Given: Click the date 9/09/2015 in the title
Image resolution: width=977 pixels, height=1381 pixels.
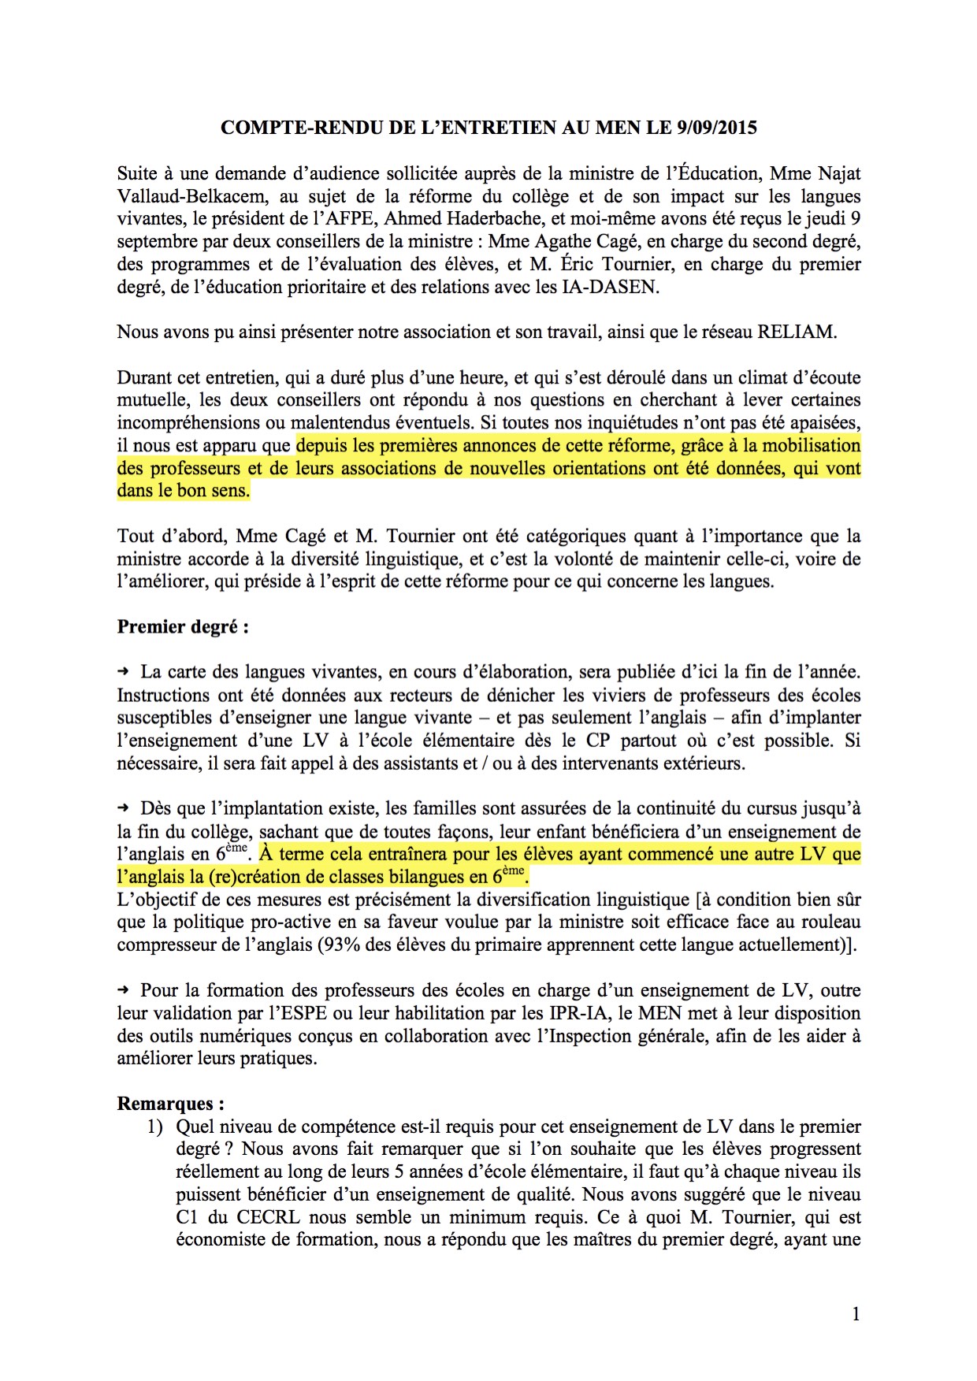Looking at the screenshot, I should pos(716,128).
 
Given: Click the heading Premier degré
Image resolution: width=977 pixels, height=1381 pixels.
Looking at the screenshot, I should pos(183,627).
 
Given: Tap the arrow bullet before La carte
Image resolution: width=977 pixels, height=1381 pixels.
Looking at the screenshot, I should pos(123,672).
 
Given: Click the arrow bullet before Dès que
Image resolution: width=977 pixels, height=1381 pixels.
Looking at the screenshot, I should pos(123,808).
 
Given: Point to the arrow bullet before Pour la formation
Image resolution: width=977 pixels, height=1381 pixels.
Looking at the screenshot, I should pos(123,990).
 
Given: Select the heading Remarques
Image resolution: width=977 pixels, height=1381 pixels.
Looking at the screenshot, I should pos(170,1104).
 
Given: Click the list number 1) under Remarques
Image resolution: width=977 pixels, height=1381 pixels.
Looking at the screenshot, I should pos(154,1127).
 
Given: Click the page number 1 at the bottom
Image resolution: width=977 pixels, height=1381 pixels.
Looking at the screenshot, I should pos(856,1313).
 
